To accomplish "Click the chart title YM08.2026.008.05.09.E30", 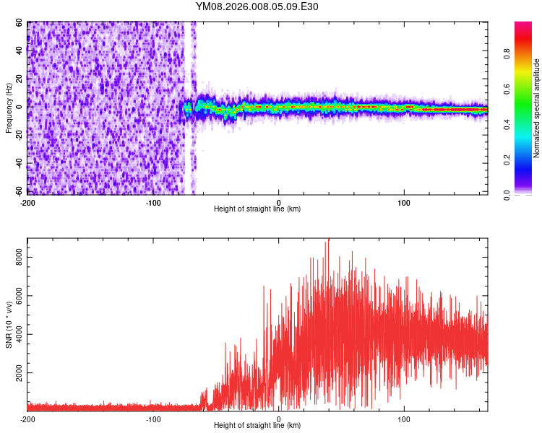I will click(257, 6).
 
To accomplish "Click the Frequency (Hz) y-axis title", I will click(9, 108).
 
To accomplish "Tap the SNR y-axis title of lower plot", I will click(9, 325).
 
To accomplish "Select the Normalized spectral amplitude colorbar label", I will click(537, 108).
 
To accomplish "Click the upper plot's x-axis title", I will click(257, 209).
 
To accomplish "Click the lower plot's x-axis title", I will click(257, 425).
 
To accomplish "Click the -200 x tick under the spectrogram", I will click(27, 201).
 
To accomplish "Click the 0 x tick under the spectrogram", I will click(279, 201).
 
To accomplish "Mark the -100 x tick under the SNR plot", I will click(153, 418).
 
